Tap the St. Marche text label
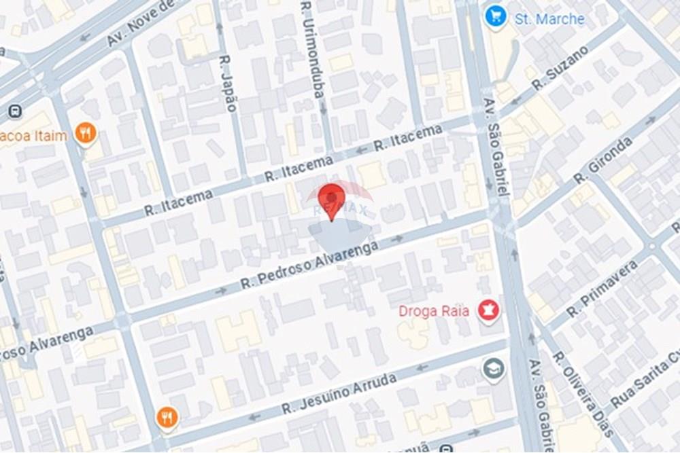(549, 18)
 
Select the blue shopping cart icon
(496, 17)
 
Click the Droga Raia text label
(434, 311)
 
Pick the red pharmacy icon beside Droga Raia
(488, 311)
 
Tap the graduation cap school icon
(493, 369)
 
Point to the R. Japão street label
(229, 83)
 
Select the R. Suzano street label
(560, 69)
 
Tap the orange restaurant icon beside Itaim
(86, 134)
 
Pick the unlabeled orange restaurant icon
(167, 418)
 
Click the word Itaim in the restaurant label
(50, 135)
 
